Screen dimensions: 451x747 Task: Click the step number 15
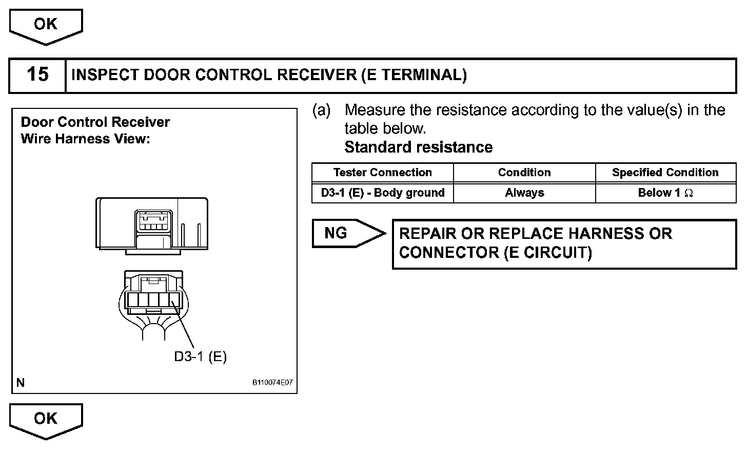[37, 75]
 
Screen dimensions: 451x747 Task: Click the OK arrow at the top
[46, 25]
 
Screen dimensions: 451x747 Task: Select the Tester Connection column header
[382, 173]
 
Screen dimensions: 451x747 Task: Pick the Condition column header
[524, 173]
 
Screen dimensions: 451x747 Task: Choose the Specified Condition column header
[665, 173]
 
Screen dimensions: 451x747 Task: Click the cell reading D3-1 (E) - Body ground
[382, 193]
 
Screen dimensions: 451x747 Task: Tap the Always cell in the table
[524, 193]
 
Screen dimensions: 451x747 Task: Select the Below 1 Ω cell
[665, 193]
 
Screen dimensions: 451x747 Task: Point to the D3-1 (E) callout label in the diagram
[200, 356]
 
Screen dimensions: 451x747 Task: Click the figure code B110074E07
[272, 383]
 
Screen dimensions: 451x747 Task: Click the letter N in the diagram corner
[21, 383]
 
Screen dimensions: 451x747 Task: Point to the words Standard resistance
[418, 147]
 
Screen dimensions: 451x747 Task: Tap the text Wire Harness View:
[85, 139]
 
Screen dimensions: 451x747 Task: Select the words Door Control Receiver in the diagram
[95, 122]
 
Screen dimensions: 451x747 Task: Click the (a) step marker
[322, 110]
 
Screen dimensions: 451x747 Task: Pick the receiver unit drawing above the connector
[152, 224]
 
